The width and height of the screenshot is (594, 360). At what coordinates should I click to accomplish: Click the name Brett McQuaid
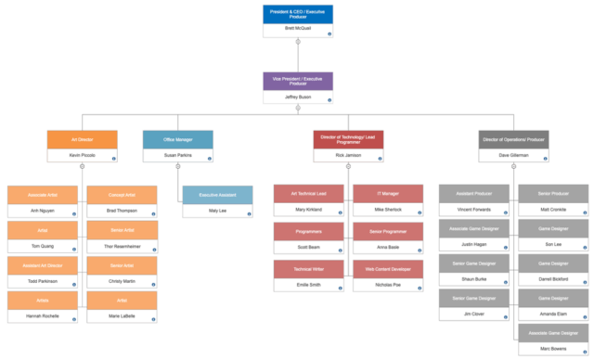point(298,30)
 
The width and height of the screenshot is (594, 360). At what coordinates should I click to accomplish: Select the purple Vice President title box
point(298,81)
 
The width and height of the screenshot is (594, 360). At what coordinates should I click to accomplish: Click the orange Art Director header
point(82,139)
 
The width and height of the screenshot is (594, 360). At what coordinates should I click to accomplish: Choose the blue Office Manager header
point(177,139)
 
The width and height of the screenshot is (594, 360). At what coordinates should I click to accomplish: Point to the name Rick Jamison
point(348,155)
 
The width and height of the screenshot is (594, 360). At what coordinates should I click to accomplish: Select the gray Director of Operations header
point(514,139)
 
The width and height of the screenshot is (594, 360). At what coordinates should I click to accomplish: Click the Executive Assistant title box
point(217,195)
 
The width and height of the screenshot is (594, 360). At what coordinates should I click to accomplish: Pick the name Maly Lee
point(217,211)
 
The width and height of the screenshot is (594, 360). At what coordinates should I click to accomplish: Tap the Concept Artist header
point(122,195)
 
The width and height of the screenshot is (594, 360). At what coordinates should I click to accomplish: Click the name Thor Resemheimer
point(122,246)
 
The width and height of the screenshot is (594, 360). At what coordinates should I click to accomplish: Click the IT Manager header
point(388,194)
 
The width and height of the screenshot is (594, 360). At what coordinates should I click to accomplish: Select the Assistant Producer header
point(473,194)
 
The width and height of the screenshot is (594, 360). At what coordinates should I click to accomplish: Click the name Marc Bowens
point(553,348)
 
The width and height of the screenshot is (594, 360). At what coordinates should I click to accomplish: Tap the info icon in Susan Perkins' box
point(210,159)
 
